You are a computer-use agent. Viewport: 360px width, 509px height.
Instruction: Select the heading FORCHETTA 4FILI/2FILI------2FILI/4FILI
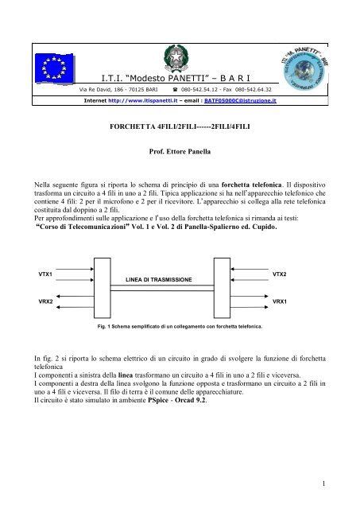180,126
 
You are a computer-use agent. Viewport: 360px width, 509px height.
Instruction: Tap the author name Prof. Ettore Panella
180,149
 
